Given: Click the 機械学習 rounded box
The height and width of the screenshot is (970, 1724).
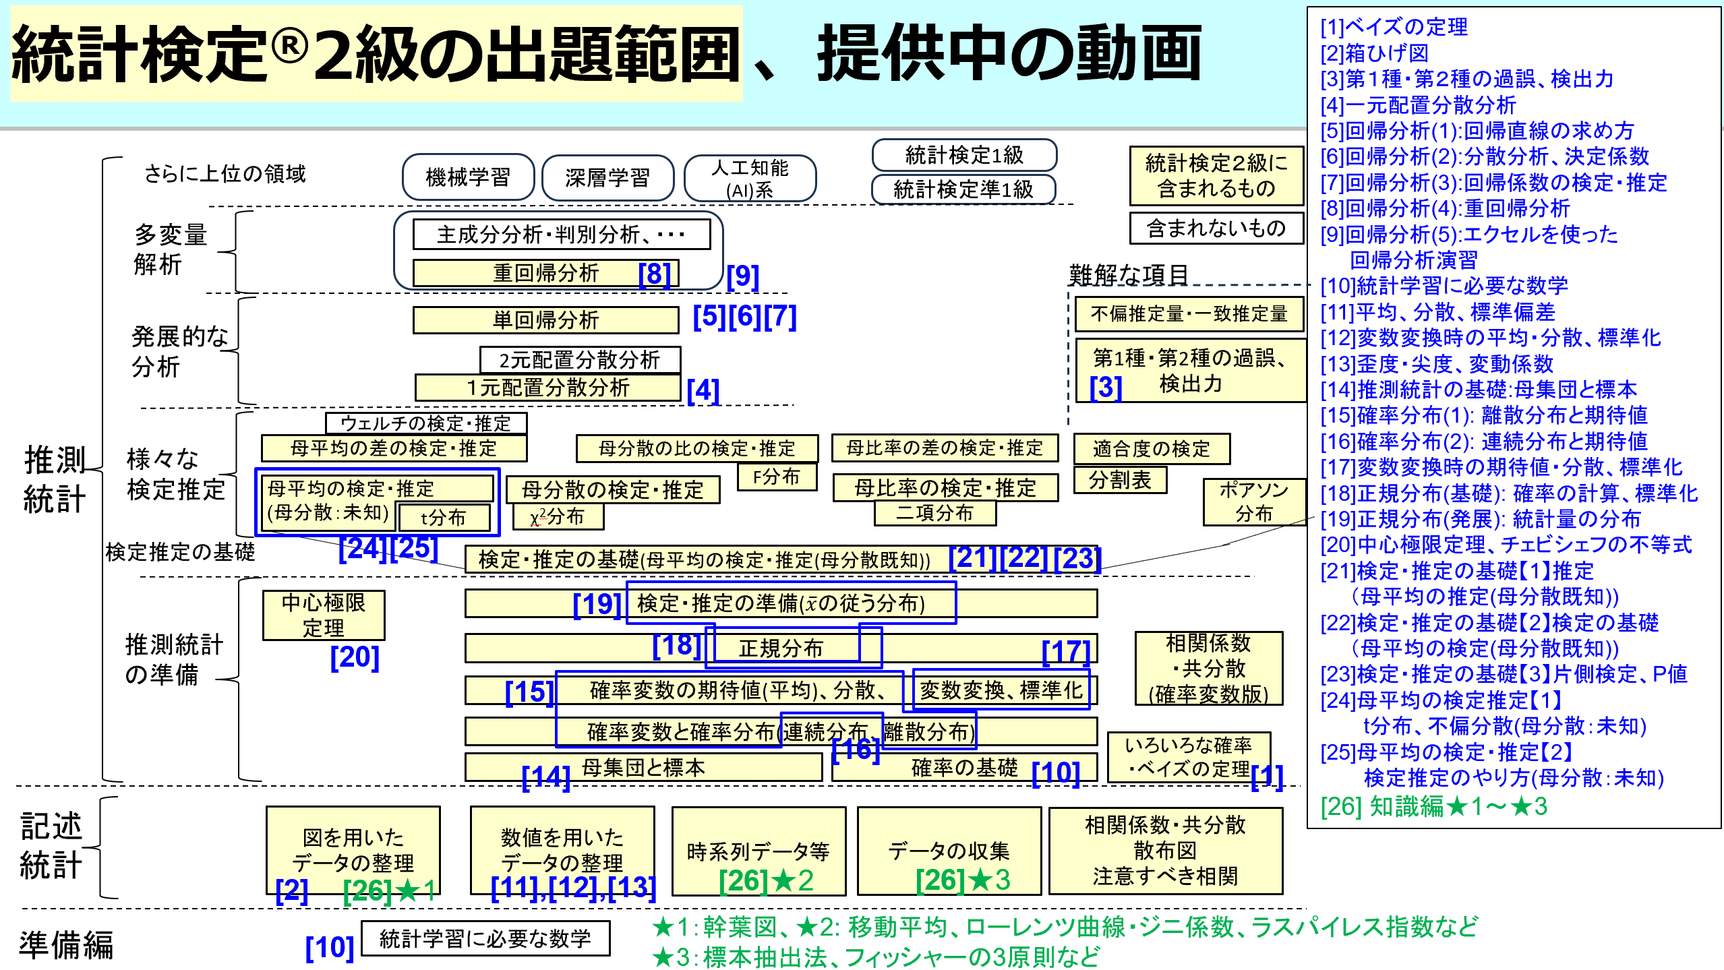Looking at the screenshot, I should (x=468, y=177).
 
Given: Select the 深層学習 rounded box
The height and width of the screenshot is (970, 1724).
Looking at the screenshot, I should (x=607, y=177).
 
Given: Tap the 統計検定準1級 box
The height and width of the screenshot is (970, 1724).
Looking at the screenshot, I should (x=963, y=189).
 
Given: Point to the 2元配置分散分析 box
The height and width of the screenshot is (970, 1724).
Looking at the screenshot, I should (x=579, y=359).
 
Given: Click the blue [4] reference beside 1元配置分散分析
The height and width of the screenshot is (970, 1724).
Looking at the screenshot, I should (x=703, y=390).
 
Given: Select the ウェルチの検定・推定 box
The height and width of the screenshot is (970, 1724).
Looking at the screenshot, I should (x=425, y=423).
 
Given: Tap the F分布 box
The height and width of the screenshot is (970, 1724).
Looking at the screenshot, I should (x=776, y=477).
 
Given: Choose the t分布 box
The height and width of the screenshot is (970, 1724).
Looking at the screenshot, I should (x=443, y=517).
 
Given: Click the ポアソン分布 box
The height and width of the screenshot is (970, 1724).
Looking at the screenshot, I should (x=1253, y=501).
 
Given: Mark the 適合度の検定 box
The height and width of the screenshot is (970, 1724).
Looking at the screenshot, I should (x=1151, y=448).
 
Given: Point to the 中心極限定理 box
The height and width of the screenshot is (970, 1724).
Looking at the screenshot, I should (x=323, y=615).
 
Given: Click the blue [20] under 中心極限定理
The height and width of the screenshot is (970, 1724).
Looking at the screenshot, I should (x=355, y=657).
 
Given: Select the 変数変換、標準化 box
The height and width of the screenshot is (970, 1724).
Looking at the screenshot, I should (x=1001, y=690).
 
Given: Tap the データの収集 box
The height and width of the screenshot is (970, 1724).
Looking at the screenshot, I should (x=948, y=851).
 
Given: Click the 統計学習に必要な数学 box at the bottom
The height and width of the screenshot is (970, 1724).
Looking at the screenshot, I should (x=485, y=938).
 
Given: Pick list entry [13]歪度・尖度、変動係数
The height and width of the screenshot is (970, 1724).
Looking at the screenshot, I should (x=1436, y=363).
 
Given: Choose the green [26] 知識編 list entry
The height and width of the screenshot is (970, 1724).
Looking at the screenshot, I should (x=1433, y=806).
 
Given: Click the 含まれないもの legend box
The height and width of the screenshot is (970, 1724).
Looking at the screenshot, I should (x=1216, y=228).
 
